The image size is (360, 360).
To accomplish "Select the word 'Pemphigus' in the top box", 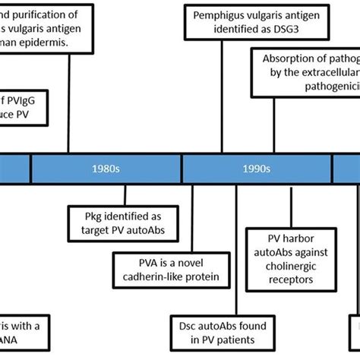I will [x=216, y=14].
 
